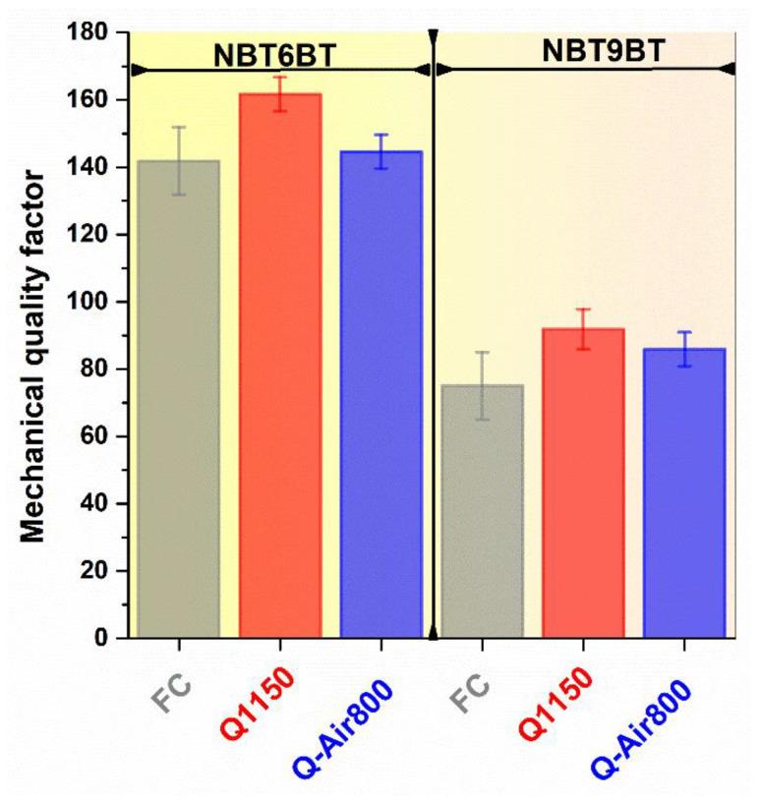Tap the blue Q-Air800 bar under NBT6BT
point(380,394)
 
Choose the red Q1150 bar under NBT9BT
point(583,483)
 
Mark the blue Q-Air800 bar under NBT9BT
point(684,492)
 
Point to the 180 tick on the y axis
point(87,32)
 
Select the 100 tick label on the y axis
point(87,302)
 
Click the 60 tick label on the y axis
point(93,436)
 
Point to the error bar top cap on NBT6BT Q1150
point(280,77)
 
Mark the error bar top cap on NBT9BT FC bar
point(482,352)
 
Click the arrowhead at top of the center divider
point(433,37)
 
